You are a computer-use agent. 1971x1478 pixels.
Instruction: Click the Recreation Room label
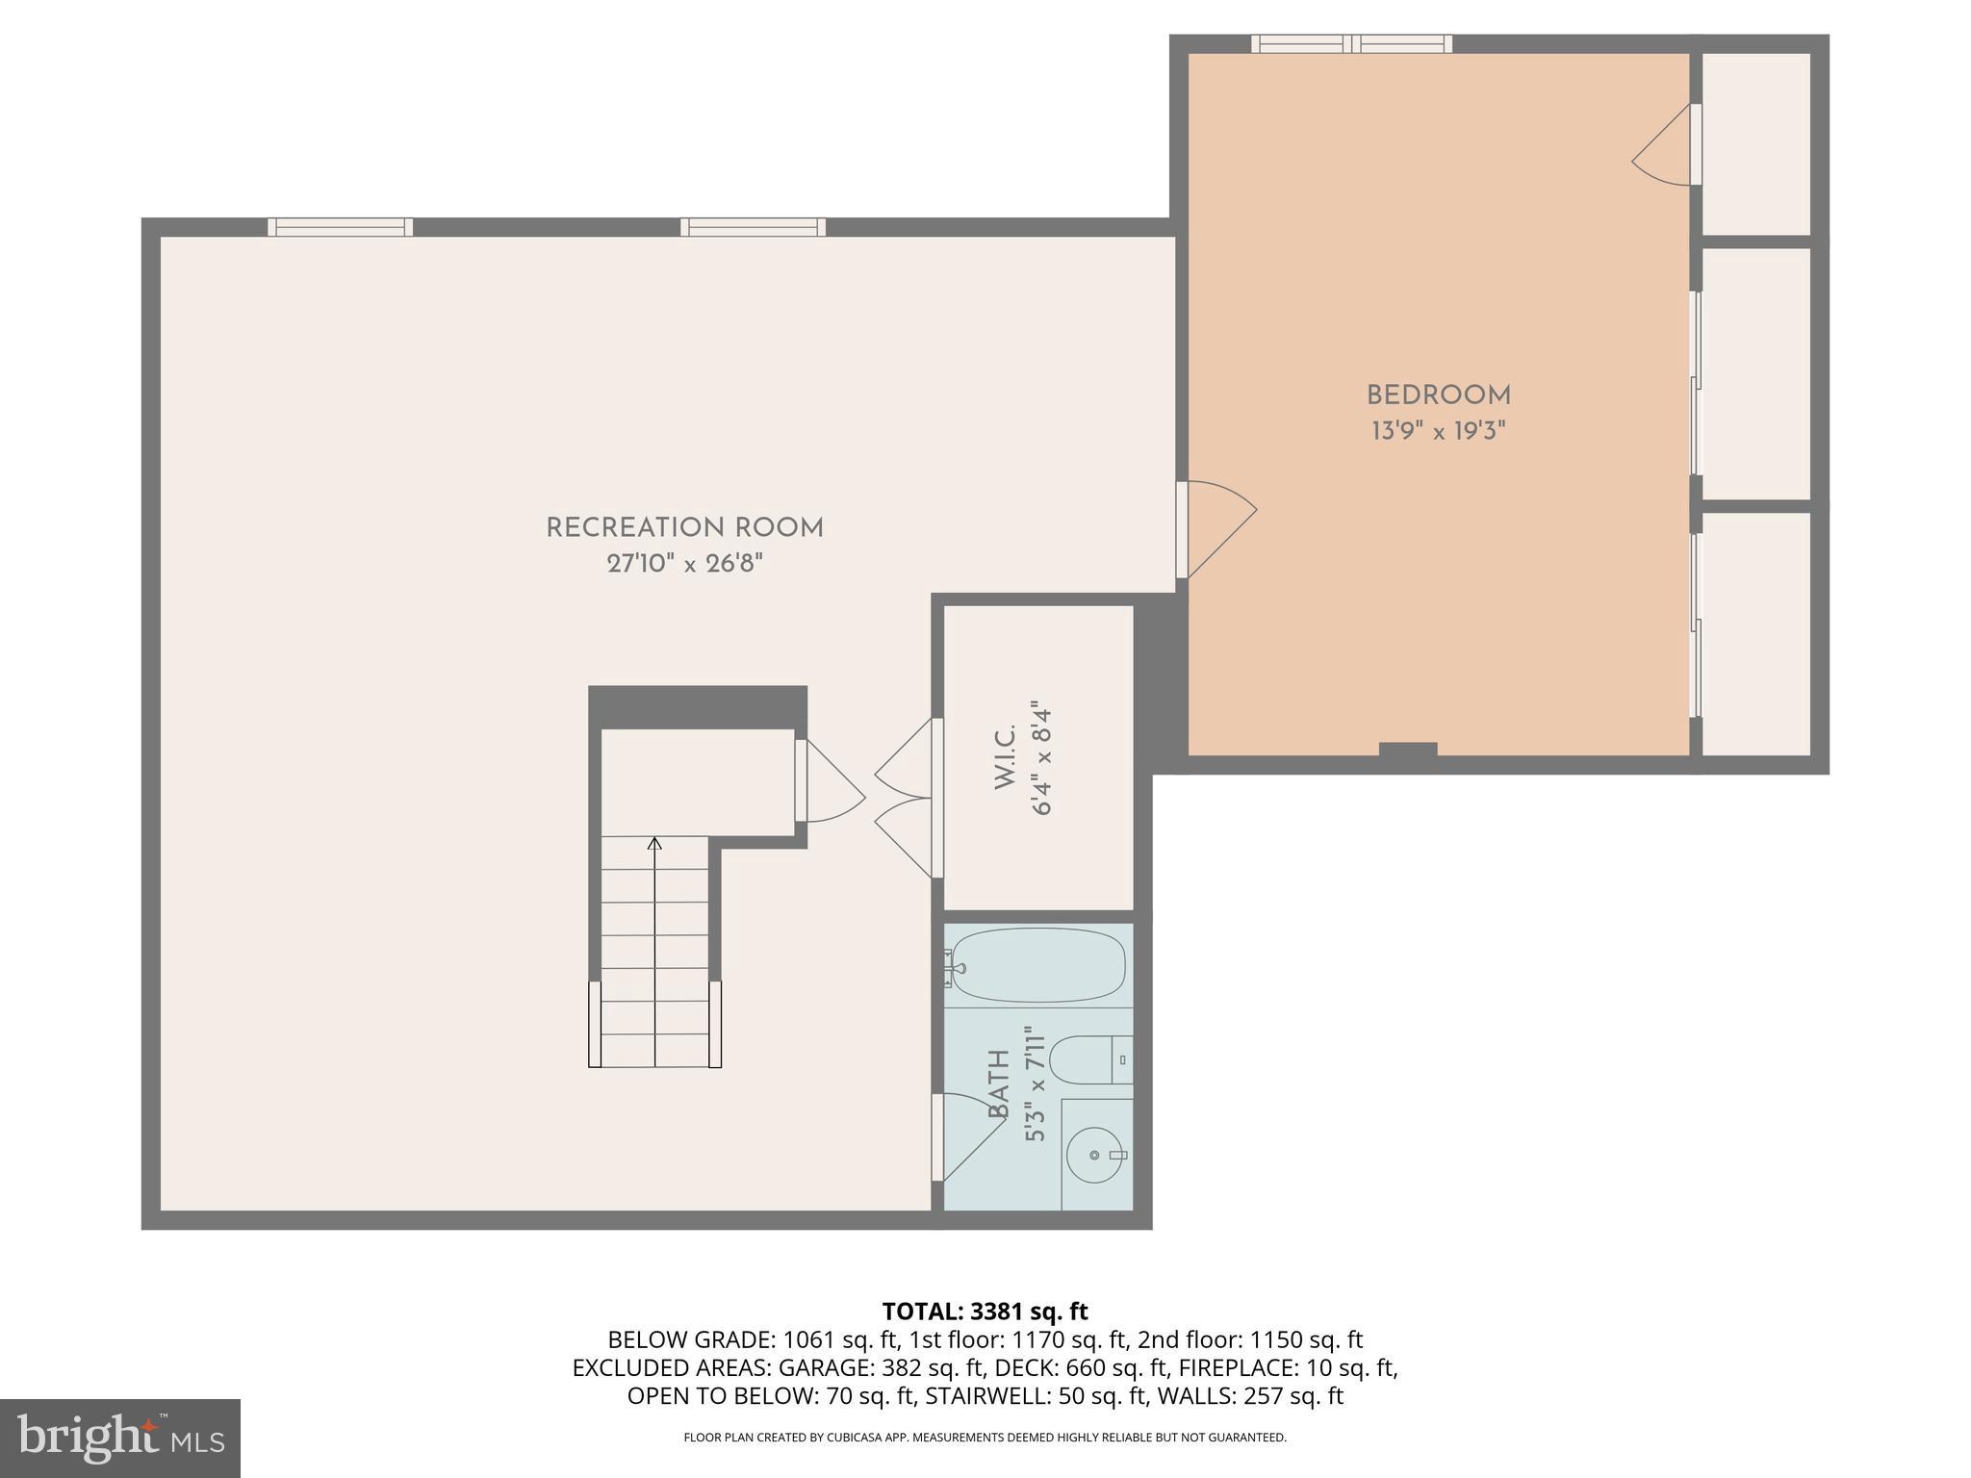684,528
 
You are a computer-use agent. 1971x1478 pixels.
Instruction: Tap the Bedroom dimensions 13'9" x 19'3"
1438,431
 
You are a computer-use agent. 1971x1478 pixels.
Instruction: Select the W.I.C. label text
1005,759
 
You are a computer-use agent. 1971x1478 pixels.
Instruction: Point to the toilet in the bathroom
1088,1059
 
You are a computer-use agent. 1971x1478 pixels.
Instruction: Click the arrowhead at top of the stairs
655,844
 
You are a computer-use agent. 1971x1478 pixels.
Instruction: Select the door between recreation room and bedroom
1217,528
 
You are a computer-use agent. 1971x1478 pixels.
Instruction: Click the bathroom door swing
967,1135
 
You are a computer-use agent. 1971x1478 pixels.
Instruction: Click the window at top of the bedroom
1351,43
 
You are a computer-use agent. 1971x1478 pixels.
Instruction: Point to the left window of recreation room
340,227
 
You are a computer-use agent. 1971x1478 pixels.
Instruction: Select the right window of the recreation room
753,227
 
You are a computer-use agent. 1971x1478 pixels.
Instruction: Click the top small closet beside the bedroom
1755,143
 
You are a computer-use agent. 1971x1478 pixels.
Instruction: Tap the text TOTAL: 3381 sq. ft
985,1312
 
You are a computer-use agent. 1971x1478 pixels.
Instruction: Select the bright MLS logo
120,1438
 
